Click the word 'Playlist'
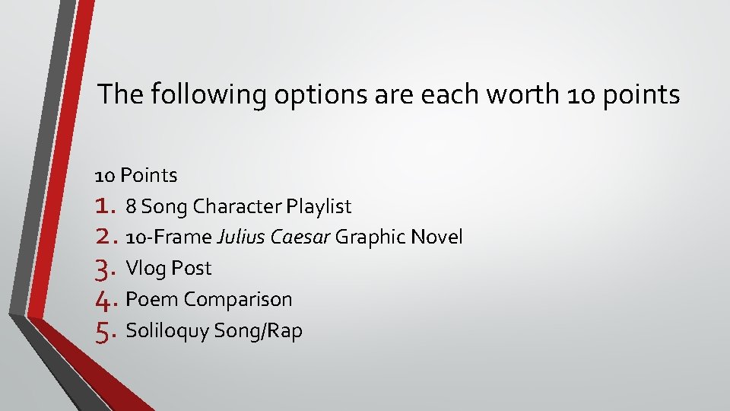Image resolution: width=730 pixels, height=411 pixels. click(x=319, y=206)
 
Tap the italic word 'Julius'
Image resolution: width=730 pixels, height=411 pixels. click(x=237, y=237)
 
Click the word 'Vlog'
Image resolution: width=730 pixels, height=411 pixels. click(x=145, y=269)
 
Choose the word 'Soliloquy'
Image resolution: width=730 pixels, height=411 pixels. click(x=167, y=331)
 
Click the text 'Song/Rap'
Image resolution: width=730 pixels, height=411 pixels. click(x=259, y=331)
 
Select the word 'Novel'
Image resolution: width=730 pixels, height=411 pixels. click(x=436, y=237)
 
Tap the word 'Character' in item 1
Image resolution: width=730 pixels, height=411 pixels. click(x=238, y=206)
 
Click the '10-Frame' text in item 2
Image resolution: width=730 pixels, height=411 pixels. click(x=169, y=237)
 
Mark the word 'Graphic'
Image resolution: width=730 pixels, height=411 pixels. click(x=370, y=237)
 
